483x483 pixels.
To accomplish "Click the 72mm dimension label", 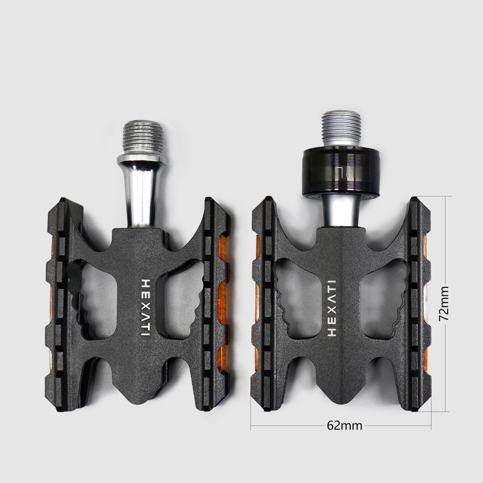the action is (x=444, y=304).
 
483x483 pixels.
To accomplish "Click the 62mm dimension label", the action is (x=344, y=426).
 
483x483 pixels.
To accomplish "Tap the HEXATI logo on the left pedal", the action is (x=145, y=307).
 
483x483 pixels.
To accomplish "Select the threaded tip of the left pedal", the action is (x=142, y=138).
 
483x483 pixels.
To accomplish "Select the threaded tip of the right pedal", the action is (x=341, y=129).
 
